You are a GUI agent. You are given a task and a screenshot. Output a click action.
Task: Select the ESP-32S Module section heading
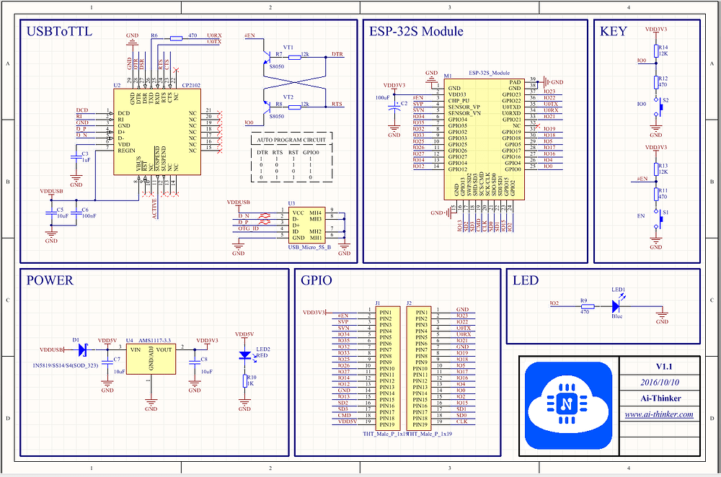click(x=416, y=32)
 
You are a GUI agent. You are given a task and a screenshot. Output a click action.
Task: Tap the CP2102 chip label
click(x=191, y=85)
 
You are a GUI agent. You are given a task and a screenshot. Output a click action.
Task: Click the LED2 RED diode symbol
click(x=246, y=355)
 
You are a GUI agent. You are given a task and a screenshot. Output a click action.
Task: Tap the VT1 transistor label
click(x=288, y=47)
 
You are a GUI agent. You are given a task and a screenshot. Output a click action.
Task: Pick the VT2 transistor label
click(x=288, y=97)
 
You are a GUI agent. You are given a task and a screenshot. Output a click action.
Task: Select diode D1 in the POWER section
click(x=81, y=349)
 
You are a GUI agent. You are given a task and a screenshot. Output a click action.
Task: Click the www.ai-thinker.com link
click(x=659, y=414)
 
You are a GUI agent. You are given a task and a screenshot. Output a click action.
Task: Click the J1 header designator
click(x=378, y=303)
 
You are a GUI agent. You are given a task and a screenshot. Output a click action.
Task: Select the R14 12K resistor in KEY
click(x=655, y=50)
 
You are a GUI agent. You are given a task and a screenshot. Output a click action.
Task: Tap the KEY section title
click(x=614, y=32)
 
